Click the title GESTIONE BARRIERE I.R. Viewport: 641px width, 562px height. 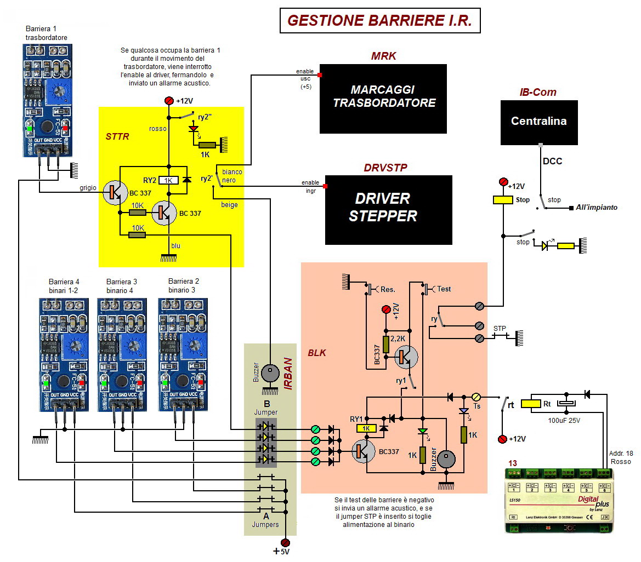[x=379, y=21]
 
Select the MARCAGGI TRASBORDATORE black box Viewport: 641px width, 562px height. [x=383, y=99]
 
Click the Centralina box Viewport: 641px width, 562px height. [x=539, y=122]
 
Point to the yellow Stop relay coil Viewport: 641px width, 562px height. [x=504, y=200]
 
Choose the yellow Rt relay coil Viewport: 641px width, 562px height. [x=531, y=404]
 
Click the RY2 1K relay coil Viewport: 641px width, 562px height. [x=168, y=180]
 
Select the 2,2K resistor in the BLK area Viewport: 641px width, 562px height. [x=386, y=344]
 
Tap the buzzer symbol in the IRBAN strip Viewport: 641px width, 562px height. [x=270, y=374]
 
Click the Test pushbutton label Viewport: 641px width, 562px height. [x=444, y=289]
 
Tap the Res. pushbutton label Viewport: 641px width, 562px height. [x=388, y=289]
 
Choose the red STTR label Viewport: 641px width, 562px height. [x=117, y=136]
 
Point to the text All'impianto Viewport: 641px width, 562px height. [x=597, y=208]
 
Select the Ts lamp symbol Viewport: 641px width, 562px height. [x=476, y=397]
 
